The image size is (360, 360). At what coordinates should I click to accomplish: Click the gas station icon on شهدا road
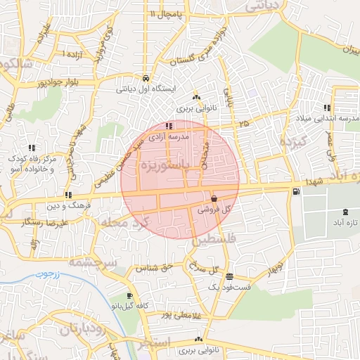[x=295, y=191]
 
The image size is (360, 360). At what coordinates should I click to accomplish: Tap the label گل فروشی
[x=213, y=209]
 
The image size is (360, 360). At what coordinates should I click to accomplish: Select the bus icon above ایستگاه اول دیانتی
[x=145, y=79]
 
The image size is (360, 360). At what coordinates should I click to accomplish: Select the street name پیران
[x=347, y=49]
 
